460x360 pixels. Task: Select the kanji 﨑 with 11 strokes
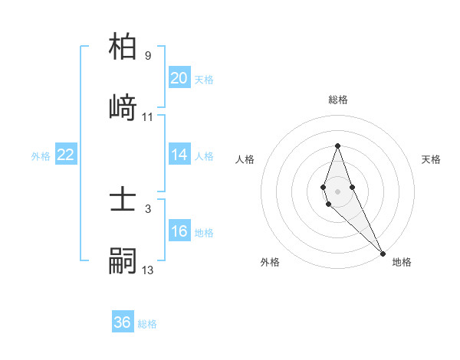click(x=123, y=106)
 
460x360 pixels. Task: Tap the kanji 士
click(x=123, y=201)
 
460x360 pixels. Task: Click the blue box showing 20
click(x=179, y=78)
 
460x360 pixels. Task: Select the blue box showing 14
click(x=179, y=155)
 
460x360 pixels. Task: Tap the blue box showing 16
click(x=179, y=231)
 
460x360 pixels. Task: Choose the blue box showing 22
click(x=65, y=155)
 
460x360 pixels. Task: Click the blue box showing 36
click(x=123, y=322)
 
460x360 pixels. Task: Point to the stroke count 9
click(x=148, y=55)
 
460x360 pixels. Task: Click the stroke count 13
click(x=148, y=270)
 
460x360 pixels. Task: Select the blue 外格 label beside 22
click(x=41, y=155)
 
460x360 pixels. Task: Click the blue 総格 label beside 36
click(x=147, y=324)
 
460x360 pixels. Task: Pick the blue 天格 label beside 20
click(x=204, y=79)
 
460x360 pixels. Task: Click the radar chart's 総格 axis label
click(x=338, y=100)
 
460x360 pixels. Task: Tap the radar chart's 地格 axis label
click(x=402, y=262)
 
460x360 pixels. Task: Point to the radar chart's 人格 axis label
click(x=245, y=159)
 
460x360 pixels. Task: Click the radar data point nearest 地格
click(x=383, y=254)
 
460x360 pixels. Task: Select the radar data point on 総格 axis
click(x=337, y=146)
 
